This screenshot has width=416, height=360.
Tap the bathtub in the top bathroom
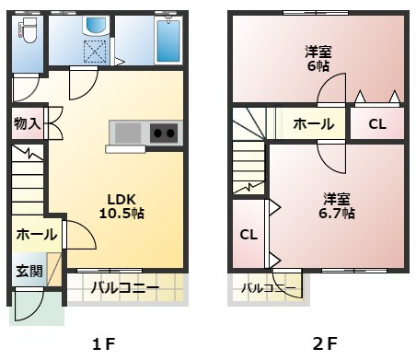[x=168, y=38]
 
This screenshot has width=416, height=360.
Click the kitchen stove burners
[x=164, y=133]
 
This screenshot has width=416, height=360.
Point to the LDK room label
[x=121, y=199]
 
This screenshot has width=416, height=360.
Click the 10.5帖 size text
[x=121, y=214]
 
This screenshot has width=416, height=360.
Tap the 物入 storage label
[x=27, y=122]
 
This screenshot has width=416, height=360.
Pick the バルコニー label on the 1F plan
[x=124, y=288]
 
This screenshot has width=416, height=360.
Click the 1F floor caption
[x=103, y=344]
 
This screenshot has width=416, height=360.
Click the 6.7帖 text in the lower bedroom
[x=338, y=214]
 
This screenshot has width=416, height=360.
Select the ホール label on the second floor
[x=313, y=123]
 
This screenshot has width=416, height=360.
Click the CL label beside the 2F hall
[x=377, y=123]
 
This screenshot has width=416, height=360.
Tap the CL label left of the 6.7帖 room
[x=248, y=235]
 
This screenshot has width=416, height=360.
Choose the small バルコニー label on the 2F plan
[x=268, y=289]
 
